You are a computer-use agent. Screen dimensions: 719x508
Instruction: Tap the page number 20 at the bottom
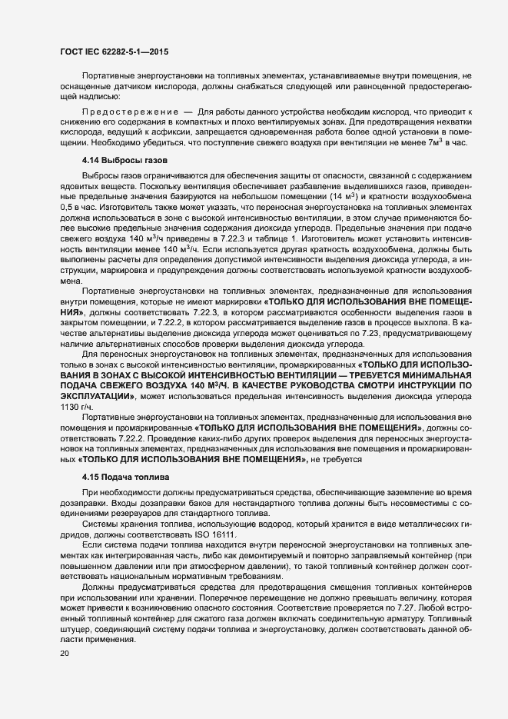pos(64,654)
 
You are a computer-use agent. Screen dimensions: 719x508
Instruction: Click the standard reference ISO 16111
pos(216,534)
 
